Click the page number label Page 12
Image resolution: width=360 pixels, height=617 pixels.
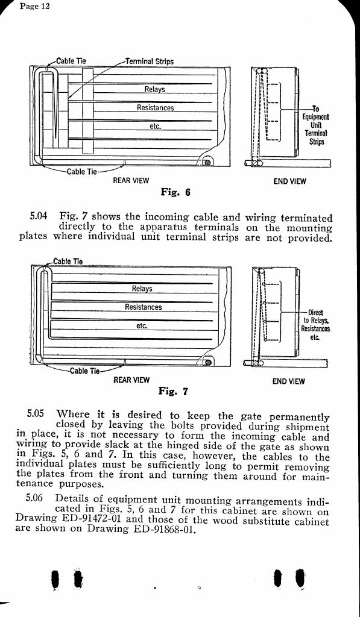pos(34,6)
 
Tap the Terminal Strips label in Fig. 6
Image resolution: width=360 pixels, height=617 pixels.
pos(150,61)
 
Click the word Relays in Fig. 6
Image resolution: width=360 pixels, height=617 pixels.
pos(154,89)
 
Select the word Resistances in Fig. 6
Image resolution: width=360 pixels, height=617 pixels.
pos(155,107)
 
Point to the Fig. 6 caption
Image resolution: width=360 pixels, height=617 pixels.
pos(175,192)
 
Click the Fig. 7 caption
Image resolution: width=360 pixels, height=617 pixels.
pos(173,391)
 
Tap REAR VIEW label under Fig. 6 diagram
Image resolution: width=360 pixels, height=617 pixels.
pos(131,181)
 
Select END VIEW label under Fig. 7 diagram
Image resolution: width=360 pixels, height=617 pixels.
pos(289,381)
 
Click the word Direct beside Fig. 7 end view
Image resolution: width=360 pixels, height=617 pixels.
pos(315,313)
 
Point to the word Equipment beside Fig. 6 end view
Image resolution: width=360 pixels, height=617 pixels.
pos(316,117)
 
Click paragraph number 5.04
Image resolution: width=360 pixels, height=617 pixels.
pos(38,216)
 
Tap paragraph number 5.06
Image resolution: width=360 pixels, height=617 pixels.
pos(34,498)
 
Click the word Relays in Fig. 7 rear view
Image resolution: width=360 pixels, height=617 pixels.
pos(142,289)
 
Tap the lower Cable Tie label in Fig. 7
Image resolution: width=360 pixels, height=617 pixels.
pos(85,371)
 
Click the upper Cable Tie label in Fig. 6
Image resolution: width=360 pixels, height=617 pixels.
pos(71,61)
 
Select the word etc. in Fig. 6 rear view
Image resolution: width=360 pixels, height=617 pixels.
pos(155,126)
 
